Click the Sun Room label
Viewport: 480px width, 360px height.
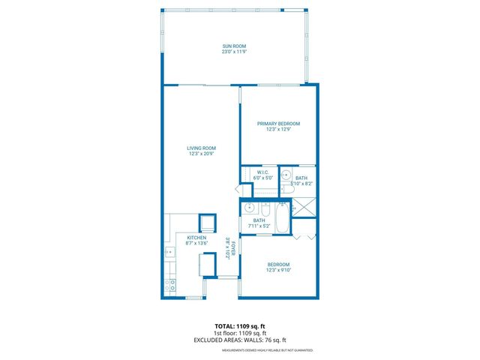pos(234,46)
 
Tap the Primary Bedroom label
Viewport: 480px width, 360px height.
pos(278,124)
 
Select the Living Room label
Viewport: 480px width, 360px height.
pos(201,148)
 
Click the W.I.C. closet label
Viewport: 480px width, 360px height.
pos(262,172)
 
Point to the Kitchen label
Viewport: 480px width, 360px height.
pos(196,237)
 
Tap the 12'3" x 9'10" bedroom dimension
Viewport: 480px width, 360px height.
pos(278,271)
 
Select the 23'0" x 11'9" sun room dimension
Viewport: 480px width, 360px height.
pos(234,52)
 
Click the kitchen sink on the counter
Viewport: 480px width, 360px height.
pos(169,253)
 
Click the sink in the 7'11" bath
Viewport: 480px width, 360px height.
pos(250,208)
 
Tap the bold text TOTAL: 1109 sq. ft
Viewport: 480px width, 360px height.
pos(240,326)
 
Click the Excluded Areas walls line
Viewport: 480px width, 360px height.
pos(240,340)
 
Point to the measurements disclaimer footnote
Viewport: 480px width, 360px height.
pos(267,350)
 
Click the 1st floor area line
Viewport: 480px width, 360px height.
pos(240,333)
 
